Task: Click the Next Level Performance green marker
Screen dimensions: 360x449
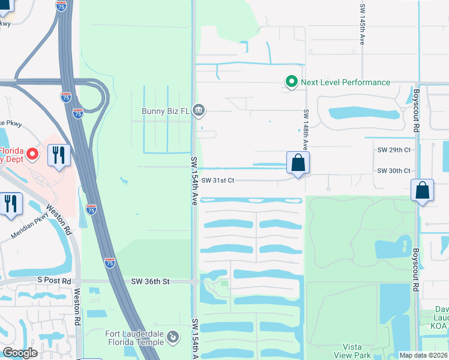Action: point(291,82)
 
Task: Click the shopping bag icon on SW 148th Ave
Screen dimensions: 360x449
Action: point(298,163)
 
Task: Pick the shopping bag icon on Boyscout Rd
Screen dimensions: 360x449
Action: point(422,191)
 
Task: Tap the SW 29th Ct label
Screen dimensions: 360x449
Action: point(394,150)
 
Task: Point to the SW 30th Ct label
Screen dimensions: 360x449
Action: point(394,171)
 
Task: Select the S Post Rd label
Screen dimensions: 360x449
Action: point(54,280)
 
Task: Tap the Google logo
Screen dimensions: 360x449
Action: point(20,353)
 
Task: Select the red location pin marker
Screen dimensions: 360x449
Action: point(34,154)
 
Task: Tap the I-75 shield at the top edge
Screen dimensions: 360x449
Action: point(61,6)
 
